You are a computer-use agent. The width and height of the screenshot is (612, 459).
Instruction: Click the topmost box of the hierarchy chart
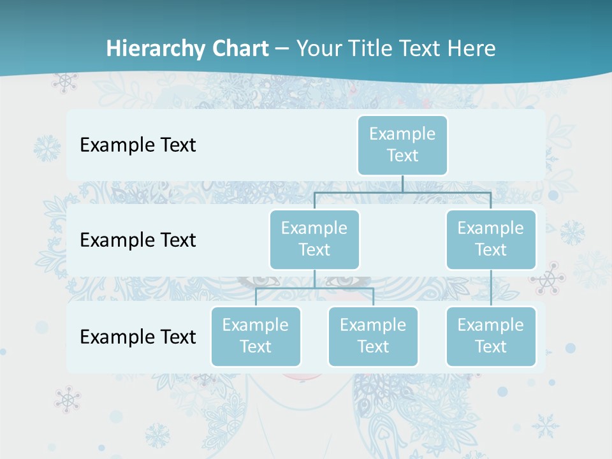[402, 145]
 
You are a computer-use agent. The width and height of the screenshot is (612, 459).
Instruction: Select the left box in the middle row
[314, 239]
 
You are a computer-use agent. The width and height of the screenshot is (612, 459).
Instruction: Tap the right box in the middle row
[491, 239]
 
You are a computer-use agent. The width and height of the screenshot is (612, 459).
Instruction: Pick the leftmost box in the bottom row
[256, 336]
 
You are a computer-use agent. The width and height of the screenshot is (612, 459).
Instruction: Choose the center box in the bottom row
[373, 336]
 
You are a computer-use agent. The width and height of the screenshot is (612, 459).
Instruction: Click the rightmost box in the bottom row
[491, 336]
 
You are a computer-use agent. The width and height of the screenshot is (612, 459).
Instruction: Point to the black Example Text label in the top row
[138, 145]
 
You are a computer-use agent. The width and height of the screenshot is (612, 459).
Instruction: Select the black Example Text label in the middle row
[138, 240]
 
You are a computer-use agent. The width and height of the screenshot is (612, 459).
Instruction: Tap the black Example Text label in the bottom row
[138, 337]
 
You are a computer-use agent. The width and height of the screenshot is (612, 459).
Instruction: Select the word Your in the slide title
[319, 48]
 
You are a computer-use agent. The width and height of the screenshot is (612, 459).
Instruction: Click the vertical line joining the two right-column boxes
[491, 288]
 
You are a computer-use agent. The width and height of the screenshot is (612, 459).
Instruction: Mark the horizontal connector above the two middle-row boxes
[402, 192]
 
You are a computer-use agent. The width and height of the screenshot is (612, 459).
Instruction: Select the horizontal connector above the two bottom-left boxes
[314, 288]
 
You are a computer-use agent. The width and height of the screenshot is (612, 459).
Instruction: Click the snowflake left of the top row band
[47, 148]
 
